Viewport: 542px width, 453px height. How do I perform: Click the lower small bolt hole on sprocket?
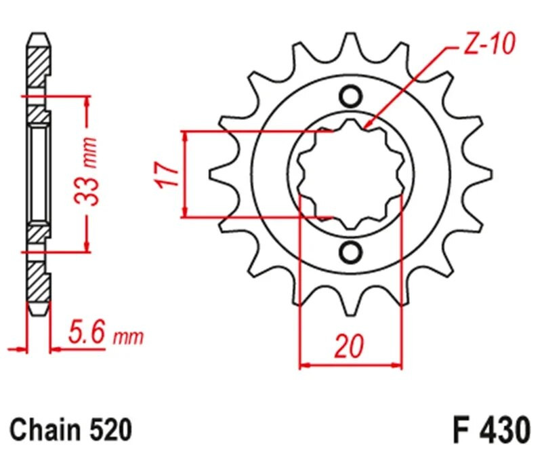click(351, 252)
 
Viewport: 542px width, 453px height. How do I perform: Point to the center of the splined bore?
click(351, 175)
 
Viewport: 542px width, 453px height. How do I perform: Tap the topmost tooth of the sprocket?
click(351, 42)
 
